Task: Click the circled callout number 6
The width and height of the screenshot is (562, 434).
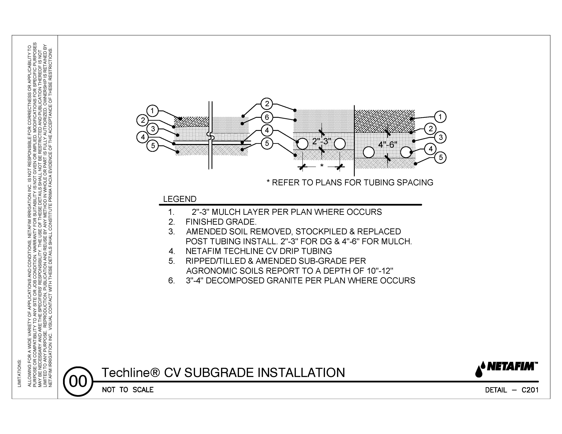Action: [267, 117]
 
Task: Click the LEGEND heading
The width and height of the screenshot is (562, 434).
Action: [180, 199]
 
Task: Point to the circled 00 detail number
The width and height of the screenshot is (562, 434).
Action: [78, 381]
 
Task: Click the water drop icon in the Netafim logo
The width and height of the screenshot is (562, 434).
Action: [479, 371]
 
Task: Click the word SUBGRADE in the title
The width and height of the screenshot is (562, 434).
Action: [219, 373]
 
